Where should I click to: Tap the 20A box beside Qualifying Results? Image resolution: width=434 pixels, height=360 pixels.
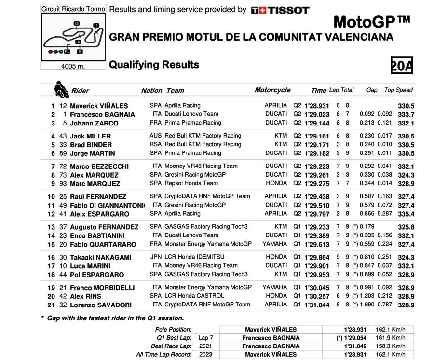401,65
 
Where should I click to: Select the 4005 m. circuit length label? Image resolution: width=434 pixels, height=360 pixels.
73,67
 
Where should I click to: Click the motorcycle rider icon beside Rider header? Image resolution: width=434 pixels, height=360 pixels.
61,88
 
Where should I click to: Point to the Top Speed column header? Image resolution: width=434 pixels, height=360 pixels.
398,90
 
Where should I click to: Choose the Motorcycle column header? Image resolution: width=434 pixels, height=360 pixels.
272,90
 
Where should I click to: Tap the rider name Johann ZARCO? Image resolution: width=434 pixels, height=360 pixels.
94,123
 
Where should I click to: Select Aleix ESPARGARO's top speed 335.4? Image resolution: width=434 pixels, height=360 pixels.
406,214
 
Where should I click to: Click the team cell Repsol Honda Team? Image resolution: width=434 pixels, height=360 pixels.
191,183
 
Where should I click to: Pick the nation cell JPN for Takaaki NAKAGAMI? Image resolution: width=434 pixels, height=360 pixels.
155,257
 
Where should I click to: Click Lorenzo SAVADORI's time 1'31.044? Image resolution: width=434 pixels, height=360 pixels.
317,305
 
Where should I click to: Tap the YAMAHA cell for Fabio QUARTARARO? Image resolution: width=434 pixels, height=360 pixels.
274,244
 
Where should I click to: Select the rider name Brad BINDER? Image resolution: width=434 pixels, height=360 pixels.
91,145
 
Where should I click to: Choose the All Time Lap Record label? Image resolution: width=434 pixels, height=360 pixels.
164,354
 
